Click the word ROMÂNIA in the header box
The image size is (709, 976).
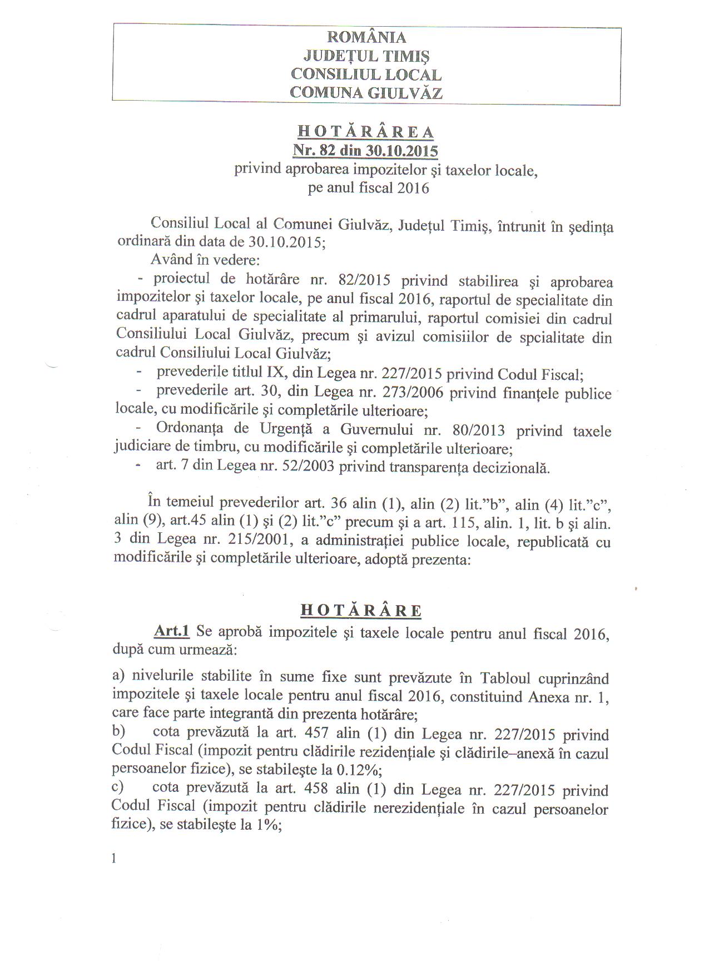(x=366, y=37)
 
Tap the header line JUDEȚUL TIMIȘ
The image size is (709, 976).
(x=366, y=56)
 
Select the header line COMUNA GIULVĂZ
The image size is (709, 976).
(x=366, y=92)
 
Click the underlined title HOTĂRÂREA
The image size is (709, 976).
(x=365, y=132)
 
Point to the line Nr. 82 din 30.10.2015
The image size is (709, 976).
(x=365, y=151)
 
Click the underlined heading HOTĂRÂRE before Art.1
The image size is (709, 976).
(x=361, y=610)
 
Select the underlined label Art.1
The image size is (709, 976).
(x=172, y=631)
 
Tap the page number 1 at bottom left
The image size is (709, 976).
(x=115, y=858)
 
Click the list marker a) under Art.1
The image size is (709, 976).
(x=118, y=676)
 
